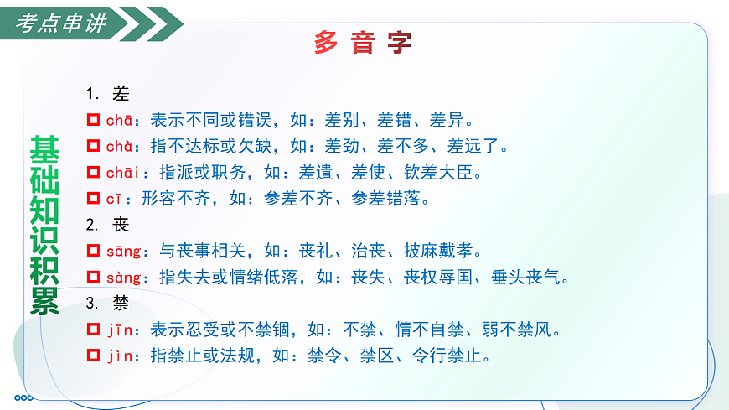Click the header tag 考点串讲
coord(62,23)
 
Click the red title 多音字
coord(363,42)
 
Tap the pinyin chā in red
coord(119,120)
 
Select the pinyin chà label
coord(119,147)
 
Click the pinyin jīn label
coord(119,330)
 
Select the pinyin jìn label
coord(119,356)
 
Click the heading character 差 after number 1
coord(121,94)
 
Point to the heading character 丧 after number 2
coord(121,225)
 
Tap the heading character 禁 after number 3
coord(121,304)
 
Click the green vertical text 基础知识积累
coord(44,224)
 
